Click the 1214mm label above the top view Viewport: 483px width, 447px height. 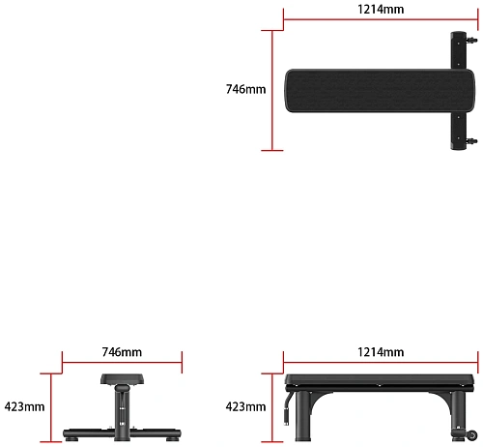tap(381, 10)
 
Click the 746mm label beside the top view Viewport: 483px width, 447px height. tap(246, 89)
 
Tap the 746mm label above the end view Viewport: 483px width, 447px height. tap(122, 352)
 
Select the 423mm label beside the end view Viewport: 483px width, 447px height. tap(24, 407)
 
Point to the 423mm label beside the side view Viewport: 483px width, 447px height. tap(246, 407)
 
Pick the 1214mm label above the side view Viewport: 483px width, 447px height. tap(381, 352)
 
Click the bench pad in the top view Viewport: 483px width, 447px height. tap(380, 91)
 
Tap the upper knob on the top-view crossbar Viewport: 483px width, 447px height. tap(472, 41)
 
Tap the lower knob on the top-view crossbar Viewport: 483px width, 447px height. tap(472, 141)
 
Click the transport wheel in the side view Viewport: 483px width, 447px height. tap(472, 435)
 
